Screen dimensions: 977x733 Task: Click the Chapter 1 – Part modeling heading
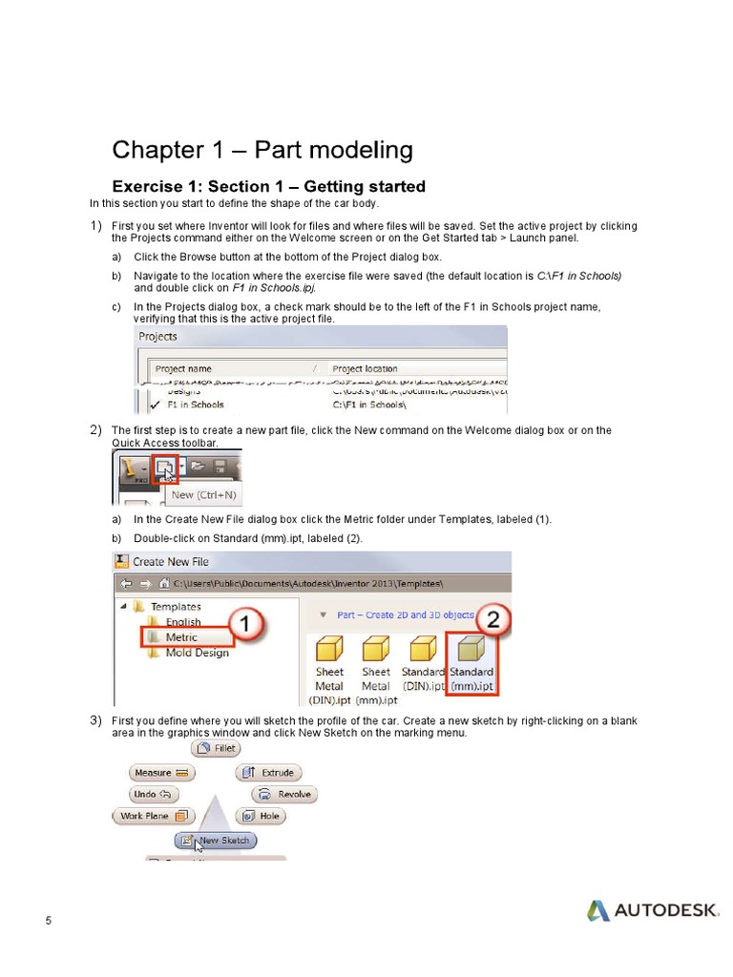[262, 151]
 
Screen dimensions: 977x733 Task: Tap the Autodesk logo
[653, 910]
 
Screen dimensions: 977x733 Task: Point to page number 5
[49, 920]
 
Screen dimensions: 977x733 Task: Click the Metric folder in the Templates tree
[181, 637]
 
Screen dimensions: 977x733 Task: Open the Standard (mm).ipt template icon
[471, 650]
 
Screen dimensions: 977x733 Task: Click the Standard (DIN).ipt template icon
[423, 650]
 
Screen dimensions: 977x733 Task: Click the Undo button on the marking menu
[154, 794]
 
